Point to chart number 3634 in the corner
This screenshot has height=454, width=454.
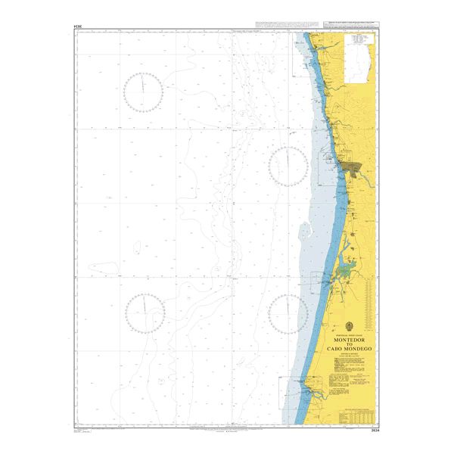click(x=372, y=431)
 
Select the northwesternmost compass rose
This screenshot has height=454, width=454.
click(x=143, y=92)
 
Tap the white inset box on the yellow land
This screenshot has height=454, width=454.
click(x=357, y=60)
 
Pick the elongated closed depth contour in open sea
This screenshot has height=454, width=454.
click(x=106, y=266)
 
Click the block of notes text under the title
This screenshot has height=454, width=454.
click(x=349, y=371)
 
